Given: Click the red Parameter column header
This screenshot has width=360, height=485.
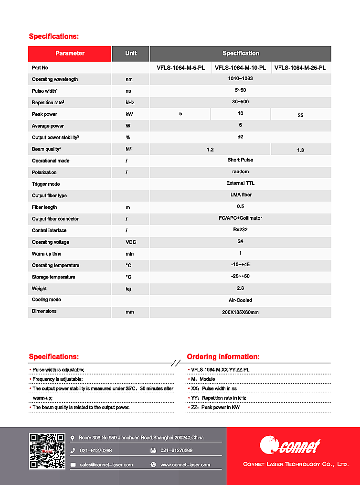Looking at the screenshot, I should coord(70,54).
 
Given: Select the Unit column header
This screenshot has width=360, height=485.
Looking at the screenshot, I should coord(130,54).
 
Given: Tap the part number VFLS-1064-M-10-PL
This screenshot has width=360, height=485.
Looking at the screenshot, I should coord(240,68).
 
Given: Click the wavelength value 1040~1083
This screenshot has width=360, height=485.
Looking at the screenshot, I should coord(240,79).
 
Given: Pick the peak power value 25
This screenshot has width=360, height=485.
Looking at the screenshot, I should coord(300,115).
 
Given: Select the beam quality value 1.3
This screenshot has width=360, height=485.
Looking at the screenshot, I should coord(300,151).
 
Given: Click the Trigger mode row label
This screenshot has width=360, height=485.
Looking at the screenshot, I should coord(46,184).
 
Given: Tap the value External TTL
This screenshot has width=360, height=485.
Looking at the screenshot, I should coord(240,183).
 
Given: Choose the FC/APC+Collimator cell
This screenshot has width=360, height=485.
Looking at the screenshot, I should coord(240,218).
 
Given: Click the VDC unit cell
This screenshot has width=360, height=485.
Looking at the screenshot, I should coord(130,242).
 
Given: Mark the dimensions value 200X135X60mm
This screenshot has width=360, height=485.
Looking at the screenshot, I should coord(240,312).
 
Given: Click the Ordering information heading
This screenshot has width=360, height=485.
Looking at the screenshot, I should coord(223,356).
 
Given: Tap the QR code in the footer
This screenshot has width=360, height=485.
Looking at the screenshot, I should coord(47,451).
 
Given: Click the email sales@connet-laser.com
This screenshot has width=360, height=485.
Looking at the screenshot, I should coord(106,464).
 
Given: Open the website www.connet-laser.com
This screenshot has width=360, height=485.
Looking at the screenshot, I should coord(185,464).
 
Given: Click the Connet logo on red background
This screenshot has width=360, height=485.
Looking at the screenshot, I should coord(290,446).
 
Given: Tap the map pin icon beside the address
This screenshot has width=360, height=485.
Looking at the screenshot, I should coord(73,438).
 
